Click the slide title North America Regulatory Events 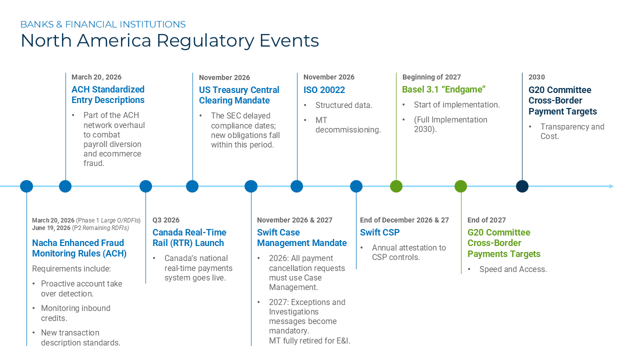pos(169,40)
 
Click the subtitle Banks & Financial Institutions pos(103,24)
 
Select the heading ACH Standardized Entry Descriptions pos(108,94)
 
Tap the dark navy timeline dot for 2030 pos(522,186)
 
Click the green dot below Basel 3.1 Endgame pos(396,186)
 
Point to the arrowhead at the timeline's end pos(611,186)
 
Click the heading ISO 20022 pos(324,90)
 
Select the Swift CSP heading pos(379,232)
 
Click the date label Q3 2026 pos(166,220)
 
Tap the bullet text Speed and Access pos(512,269)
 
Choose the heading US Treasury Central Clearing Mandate pos(239,95)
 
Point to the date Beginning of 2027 pos(431,77)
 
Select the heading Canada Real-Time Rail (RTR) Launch pos(189,237)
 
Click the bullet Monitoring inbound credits pos(75,313)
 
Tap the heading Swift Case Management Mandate pos(301,237)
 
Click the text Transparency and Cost pos(572,131)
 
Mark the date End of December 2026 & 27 pos(404,220)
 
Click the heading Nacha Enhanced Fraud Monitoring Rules pos(79,248)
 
